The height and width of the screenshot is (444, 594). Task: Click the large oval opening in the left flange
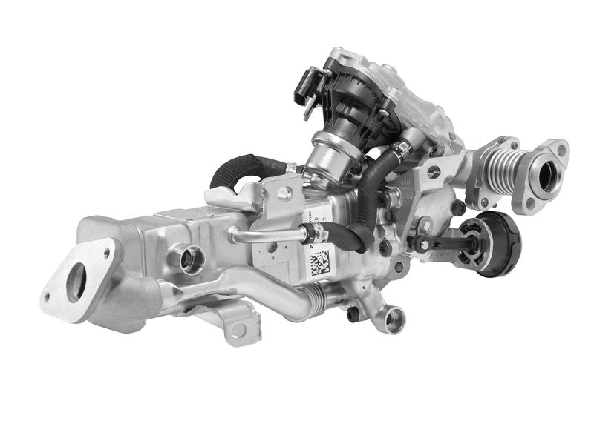tap(76, 283)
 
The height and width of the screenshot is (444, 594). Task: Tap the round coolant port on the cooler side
tap(189, 259)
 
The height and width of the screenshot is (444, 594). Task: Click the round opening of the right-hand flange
tap(549, 177)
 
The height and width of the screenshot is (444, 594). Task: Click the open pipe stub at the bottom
tap(393, 319)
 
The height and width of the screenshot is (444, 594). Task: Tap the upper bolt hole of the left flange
tap(108, 253)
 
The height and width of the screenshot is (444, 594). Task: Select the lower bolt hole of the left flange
tap(48, 298)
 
